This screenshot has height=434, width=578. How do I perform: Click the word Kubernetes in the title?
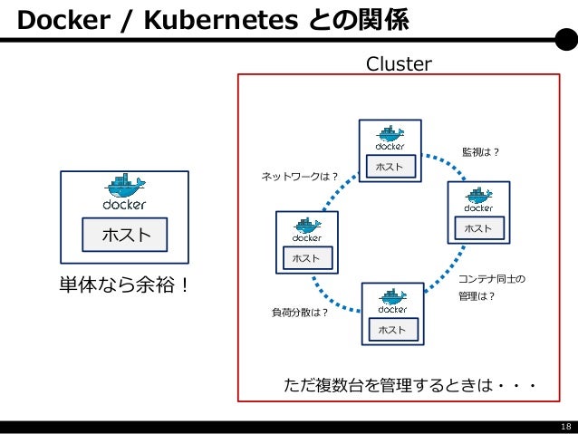pyautogui.click(x=221, y=20)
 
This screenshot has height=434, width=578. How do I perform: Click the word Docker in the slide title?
pyautogui.click(x=63, y=20)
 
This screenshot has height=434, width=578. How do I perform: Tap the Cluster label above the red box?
pyautogui.click(x=399, y=63)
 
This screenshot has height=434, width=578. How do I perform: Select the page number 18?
pyautogui.click(x=566, y=427)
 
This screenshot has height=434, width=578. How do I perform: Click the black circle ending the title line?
pyautogui.click(x=566, y=40)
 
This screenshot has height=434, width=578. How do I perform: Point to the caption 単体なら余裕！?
pyautogui.click(x=124, y=285)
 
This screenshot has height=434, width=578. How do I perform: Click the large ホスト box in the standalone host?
pyautogui.click(x=125, y=235)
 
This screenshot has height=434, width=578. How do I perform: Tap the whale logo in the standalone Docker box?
pyautogui.click(x=125, y=186)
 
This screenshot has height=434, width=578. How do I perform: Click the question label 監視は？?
pyautogui.click(x=480, y=152)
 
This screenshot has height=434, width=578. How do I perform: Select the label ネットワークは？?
pyautogui.click(x=299, y=177)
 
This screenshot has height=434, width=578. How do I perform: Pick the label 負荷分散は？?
pyautogui.click(x=300, y=313)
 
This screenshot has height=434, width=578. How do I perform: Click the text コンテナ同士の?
pyautogui.click(x=492, y=279)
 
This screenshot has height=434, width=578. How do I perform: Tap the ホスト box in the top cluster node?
pyautogui.click(x=390, y=167)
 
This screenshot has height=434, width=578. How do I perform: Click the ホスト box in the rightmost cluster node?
pyautogui.click(x=479, y=228)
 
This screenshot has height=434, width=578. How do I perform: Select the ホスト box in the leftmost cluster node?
pyautogui.click(x=307, y=258)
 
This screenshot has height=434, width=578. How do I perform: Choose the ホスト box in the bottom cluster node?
pyautogui.click(x=393, y=329)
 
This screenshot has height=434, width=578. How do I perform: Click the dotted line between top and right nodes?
pyautogui.click(x=448, y=162)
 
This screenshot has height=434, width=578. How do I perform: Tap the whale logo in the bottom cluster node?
pyautogui.click(x=393, y=296)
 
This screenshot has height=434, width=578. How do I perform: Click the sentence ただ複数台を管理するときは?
pyautogui.click(x=389, y=385)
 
